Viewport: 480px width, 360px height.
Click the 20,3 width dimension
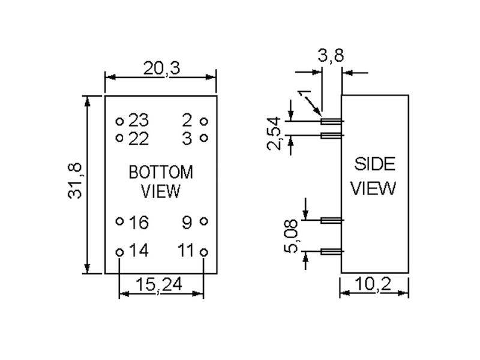tap(161, 68)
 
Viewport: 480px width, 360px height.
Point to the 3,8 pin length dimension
tap(331, 57)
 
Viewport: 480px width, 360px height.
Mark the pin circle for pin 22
tap(119, 139)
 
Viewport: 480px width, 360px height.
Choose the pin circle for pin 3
tap(203, 139)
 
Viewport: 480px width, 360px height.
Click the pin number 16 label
tap(139, 223)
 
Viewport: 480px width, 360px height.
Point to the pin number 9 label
tap(187, 223)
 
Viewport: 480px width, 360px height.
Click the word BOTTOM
tap(161, 173)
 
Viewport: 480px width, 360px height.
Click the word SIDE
tap(374, 164)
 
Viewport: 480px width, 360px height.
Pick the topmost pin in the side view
tap(332, 122)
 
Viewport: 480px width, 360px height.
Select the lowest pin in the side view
tap(332, 251)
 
